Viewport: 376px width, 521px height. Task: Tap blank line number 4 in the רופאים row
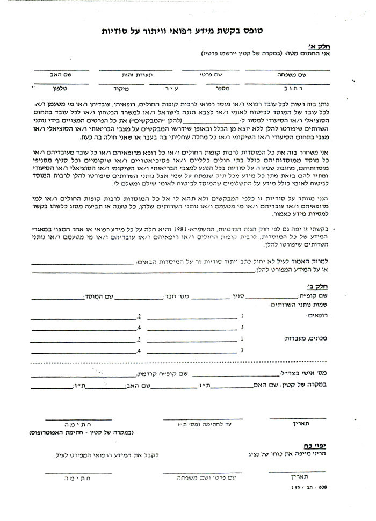tap(86, 327)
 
